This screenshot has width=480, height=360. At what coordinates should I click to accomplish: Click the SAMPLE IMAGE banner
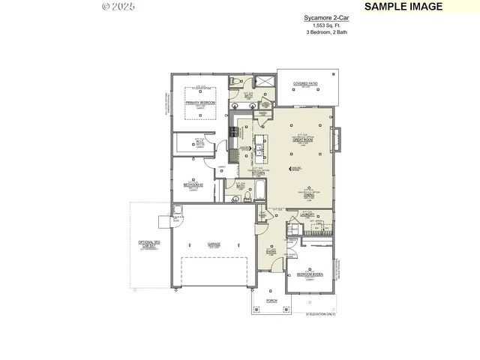point(403,7)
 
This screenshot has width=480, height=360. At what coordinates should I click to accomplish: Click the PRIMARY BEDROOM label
point(201,102)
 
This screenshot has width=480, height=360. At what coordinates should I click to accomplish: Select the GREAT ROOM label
point(302,139)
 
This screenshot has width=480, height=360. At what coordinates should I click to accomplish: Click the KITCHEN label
point(259,172)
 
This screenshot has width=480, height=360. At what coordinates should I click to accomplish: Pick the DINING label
point(308,195)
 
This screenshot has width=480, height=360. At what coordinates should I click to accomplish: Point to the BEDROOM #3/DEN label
point(310,274)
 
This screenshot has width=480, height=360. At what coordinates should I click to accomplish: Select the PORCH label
point(271,300)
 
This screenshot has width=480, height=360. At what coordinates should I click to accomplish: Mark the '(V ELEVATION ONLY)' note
point(321,313)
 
